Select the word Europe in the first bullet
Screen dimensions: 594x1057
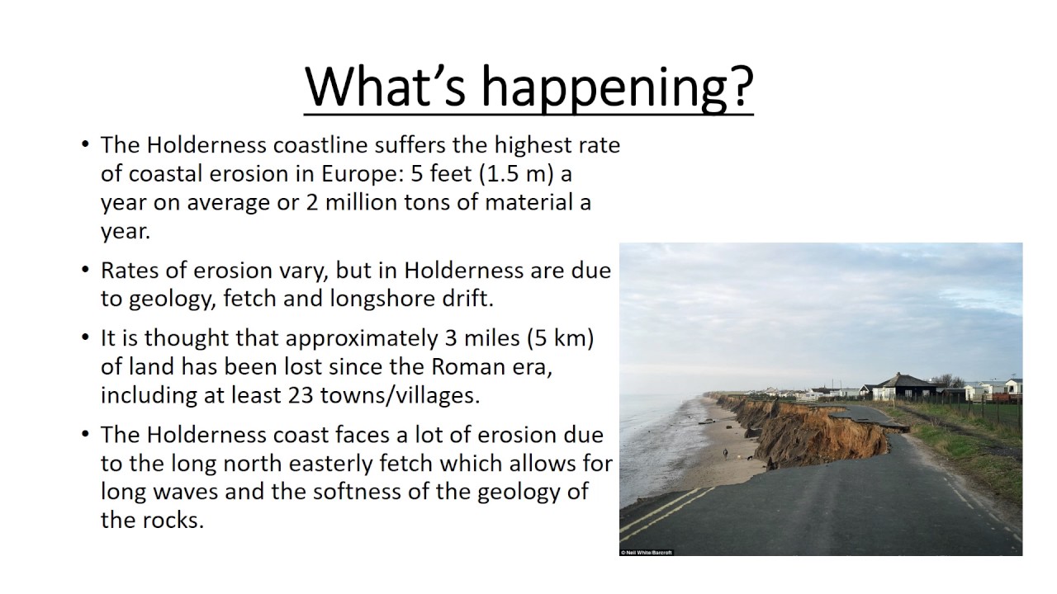click(x=356, y=174)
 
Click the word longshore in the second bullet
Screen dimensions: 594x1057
click(x=382, y=298)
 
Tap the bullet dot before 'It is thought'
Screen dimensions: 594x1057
click(x=86, y=338)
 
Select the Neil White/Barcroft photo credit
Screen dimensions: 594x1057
click(x=647, y=552)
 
